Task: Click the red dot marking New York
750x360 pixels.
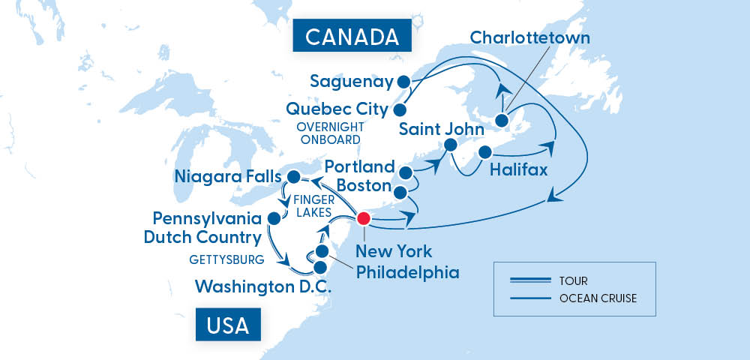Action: pyautogui.click(x=364, y=219)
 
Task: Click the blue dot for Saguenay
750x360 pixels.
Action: pyautogui.click(x=403, y=82)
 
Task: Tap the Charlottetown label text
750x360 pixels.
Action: pyautogui.click(x=530, y=37)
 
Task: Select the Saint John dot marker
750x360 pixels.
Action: pyautogui.click(x=450, y=145)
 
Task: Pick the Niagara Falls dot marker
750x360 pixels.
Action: pyautogui.click(x=295, y=178)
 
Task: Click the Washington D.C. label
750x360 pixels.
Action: pyautogui.click(x=264, y=286)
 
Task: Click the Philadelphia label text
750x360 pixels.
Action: pyautogui.click(x=406, y=272)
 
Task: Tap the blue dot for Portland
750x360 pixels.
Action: pyautogui.click(x=406, y=173)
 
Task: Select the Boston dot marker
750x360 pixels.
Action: pyautogui.click(x=400, y=193)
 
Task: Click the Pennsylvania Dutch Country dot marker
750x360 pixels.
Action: pyautogui.click(x=274, y=218)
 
